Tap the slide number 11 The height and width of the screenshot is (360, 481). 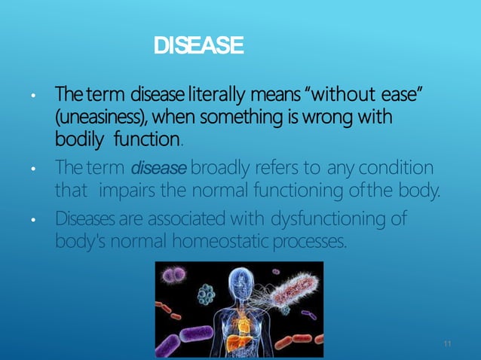coord(448,344)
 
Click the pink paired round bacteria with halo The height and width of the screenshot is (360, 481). coord(176,276)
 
